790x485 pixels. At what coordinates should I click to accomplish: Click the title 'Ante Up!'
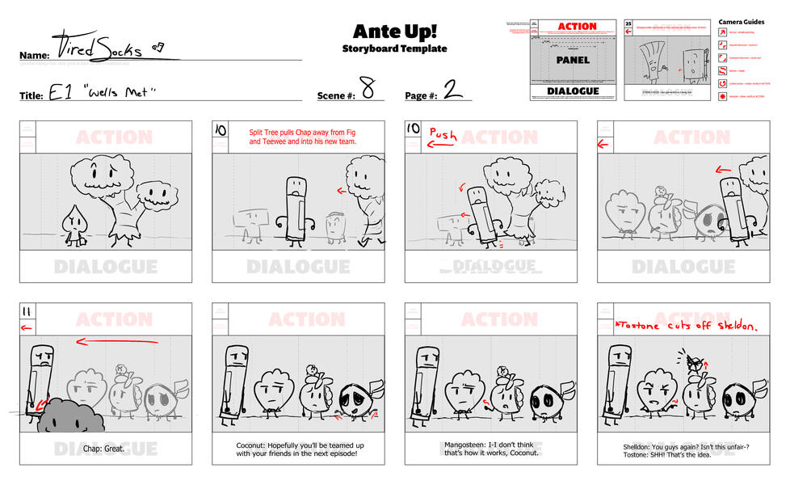(394, 32)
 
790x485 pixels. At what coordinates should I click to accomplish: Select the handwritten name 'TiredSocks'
(97, 46)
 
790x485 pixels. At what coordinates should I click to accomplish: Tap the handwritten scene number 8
(368, 90)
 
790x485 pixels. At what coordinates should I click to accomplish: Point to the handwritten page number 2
(453, 90)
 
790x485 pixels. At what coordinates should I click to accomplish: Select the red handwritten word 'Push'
(443, 133)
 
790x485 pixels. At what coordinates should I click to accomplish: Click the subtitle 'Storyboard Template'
(394, 49)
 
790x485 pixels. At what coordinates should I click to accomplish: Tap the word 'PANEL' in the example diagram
(573, 60)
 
